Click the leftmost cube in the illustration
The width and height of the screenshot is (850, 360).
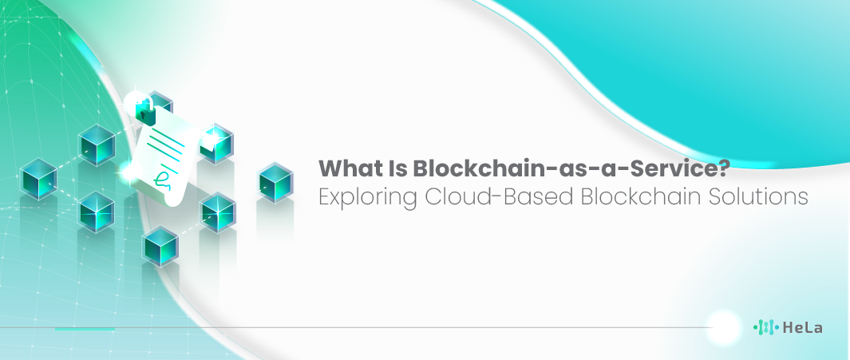[x=38, y=179]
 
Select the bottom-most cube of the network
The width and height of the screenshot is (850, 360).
[x=160, y=246]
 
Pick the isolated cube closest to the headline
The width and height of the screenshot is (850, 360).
[x=276, y=183]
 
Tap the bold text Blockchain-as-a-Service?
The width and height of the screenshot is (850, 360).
[x=572, y=168]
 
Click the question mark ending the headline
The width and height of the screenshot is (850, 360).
[x=724, y=168]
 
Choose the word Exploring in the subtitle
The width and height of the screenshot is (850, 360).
[x=368, y=197]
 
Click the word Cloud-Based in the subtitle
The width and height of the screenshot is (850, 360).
[x=499, y=196]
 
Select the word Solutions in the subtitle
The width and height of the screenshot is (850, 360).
[x=757, y=196]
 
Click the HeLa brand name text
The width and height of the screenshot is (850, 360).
[x=802, y=327]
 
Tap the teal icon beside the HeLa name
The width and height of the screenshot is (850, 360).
[x=766, y=327]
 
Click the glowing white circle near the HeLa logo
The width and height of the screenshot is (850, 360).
[x=724, y=327]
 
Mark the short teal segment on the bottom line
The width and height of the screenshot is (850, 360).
[x=85, y=329]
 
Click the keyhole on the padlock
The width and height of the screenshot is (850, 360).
[x=143, y=116]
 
